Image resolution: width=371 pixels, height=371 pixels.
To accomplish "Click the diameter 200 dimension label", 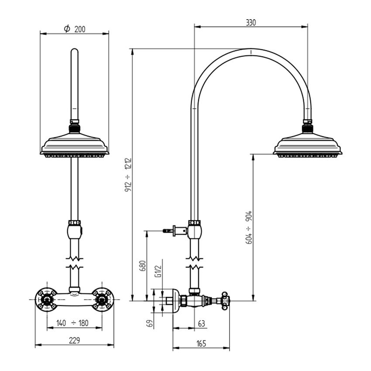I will [74, 29].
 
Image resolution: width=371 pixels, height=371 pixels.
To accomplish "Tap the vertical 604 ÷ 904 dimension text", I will [249, 227].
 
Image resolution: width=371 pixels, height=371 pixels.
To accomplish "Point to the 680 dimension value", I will [142, 266].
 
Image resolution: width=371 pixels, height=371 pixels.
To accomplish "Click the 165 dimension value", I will [201, 344].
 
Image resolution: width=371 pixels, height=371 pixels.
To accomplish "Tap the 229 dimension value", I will [74, 340].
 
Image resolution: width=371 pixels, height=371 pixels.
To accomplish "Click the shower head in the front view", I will [74, 144].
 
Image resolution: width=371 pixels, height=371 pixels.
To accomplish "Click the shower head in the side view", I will [307, 144].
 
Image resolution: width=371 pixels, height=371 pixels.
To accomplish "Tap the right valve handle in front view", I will [103, 299].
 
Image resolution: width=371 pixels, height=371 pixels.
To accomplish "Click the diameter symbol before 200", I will [67, 29].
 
